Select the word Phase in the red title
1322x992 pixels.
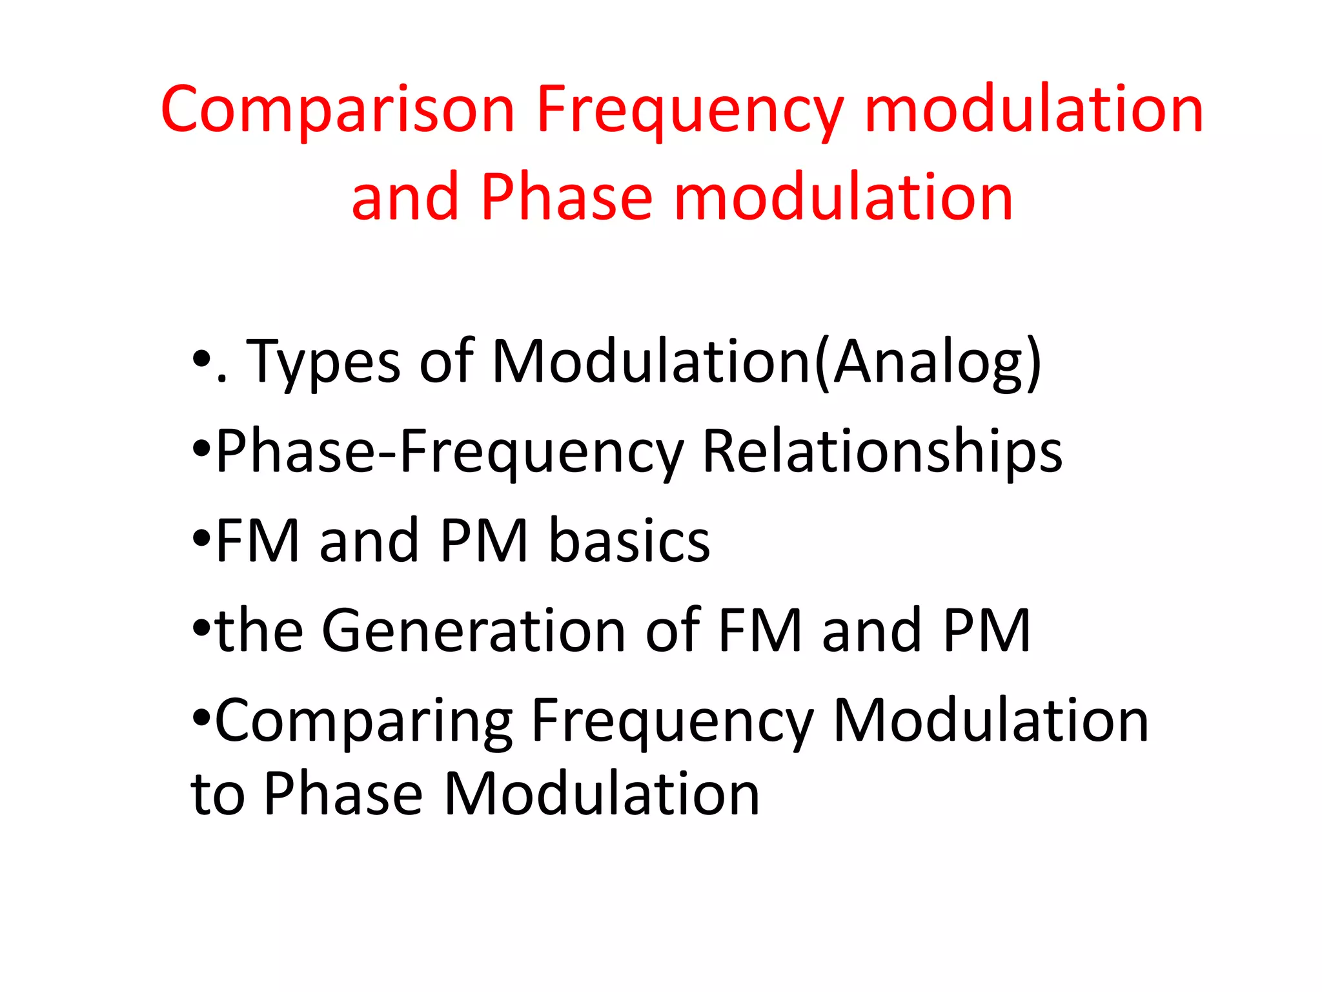pos(567,198)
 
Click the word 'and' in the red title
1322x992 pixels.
pos(405,198)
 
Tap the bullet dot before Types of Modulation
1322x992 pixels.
pos(202,358)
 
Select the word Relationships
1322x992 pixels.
pos(882,452)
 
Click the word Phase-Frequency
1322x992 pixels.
pos(449,452)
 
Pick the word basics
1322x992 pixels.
pos(629,541)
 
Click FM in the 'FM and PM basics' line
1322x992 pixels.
pos(258,541)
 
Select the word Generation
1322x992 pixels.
pos(473,631)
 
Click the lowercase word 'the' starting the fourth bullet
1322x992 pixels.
pos(259,631)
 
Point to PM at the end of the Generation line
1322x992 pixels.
pos(986,631)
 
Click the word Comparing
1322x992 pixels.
pos(363,722)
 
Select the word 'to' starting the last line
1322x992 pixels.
pos(218,794)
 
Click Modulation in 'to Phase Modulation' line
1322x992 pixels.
pos(602,794)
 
